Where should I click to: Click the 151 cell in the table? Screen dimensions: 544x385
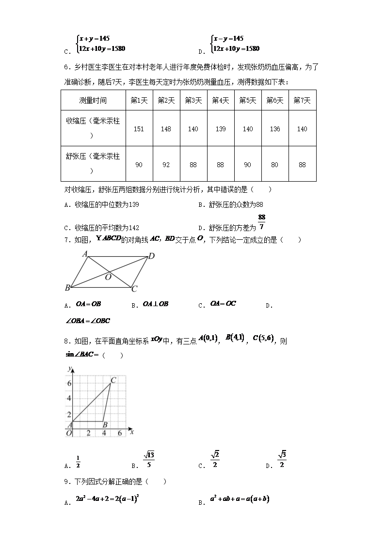tap(139, 129)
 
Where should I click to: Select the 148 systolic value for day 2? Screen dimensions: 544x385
tap(166, 129)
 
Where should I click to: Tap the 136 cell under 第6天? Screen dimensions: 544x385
tap(275, 129)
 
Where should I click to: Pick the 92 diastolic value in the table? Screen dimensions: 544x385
tap(166, 165)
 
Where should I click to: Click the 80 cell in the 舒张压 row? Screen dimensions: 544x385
tap(275, 165)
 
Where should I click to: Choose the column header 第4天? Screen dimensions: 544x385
tap(221, 100)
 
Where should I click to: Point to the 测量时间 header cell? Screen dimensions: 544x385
tap(93, 100)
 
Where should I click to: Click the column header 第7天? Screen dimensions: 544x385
tap(302, 100)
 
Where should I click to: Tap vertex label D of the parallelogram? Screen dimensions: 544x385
tap(151, 256)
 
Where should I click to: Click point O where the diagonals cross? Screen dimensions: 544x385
tap(108, 277)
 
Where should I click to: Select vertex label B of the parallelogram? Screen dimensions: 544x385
tap(67, 288)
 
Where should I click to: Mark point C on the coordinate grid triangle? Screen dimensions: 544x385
tap(113, 380)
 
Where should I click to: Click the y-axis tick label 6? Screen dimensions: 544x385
tap(69, 383)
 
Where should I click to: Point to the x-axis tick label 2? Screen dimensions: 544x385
tap(88, 433)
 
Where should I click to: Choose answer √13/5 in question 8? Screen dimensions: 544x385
tap(149, 460)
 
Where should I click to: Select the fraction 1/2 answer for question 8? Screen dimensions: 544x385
tap(78, 462)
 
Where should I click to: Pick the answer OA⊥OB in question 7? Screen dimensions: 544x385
tap(156, 304)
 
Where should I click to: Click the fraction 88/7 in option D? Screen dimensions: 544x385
tap(262, 222)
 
